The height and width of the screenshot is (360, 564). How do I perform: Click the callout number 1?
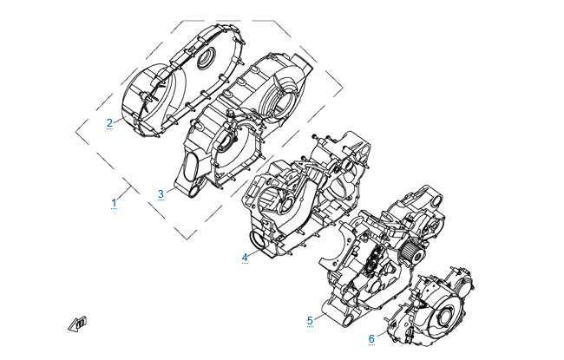(x=114, y=203)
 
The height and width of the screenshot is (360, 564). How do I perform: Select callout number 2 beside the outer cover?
(x=109, y=123)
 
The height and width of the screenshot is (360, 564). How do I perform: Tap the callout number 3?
(x=161, y=194)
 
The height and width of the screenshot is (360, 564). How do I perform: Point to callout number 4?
(x=245, y=258)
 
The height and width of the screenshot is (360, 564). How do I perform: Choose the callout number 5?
(x=310, y=321)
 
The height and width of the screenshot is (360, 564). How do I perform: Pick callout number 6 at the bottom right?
(x=371, y=339)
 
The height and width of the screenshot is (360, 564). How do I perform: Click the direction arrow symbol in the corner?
(x=78, y=324)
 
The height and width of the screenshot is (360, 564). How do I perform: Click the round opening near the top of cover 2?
(x=207, y=57)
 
